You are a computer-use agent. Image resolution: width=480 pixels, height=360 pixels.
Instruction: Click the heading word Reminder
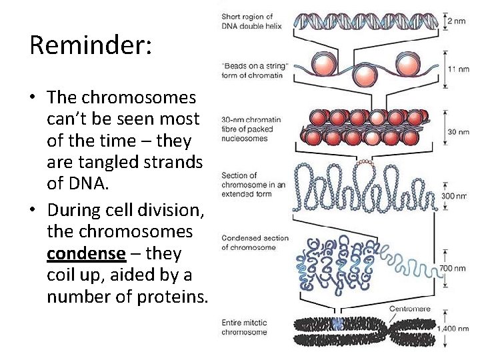click(x=91, y=46)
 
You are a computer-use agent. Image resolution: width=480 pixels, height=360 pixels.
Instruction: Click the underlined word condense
click(x=86, y=253)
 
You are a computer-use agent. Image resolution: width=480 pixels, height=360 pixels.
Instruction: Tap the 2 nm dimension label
click(x=457, y=21)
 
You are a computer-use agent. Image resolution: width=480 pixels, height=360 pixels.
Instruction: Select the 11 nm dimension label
click(x=458, y=69)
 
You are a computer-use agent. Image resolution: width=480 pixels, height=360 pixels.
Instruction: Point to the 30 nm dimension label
click(x=458, y=132)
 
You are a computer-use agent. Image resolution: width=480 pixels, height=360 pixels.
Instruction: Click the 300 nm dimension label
click(x=455, y=197)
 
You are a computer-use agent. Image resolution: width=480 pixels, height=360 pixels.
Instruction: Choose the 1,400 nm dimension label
click(x=453, y=329)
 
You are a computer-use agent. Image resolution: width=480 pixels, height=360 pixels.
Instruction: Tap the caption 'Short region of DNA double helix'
click(x=247, y=21)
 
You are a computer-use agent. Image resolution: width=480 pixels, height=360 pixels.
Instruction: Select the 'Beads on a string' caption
click(x=255, y=70)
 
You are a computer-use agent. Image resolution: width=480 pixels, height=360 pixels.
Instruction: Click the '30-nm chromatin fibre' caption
click(x=251, y=129)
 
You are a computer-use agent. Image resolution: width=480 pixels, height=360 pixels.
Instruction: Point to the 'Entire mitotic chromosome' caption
click(x=244, y=327)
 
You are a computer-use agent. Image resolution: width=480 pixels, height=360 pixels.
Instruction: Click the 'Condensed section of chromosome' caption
click(x=255, y=243)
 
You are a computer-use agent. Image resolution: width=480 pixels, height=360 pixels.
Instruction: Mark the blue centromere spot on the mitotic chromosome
click(x=338, y=324)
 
